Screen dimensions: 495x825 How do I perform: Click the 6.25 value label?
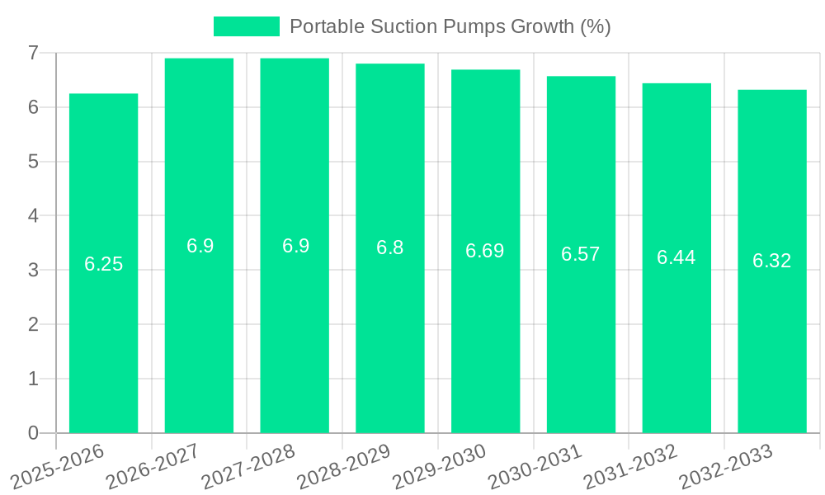[x=104, y=264]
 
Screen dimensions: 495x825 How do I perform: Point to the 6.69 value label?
[x=485, y=251]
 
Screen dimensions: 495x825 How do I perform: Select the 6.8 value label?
[x=390, y=247]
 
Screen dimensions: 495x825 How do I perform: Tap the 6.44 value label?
[x=676, y=257]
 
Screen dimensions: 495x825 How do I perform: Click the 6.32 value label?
[x=772, y=261]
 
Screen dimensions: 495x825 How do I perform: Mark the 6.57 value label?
[x=581, y=254]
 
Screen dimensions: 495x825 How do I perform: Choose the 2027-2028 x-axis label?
[x=248, y=465]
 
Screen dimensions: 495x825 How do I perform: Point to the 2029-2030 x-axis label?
[x=439, y=465]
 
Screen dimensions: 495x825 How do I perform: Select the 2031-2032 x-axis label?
[x=630, y=465]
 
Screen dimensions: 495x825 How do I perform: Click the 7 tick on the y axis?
[x=33, y=53]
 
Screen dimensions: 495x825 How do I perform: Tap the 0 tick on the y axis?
[x=33, y=433]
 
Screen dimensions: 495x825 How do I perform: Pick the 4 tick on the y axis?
[x=33, y=215]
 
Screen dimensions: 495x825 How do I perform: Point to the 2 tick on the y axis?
[x=33, y=324]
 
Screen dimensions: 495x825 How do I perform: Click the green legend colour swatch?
[x=246, y=26]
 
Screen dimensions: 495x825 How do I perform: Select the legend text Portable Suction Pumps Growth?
[x=450, y=26]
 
